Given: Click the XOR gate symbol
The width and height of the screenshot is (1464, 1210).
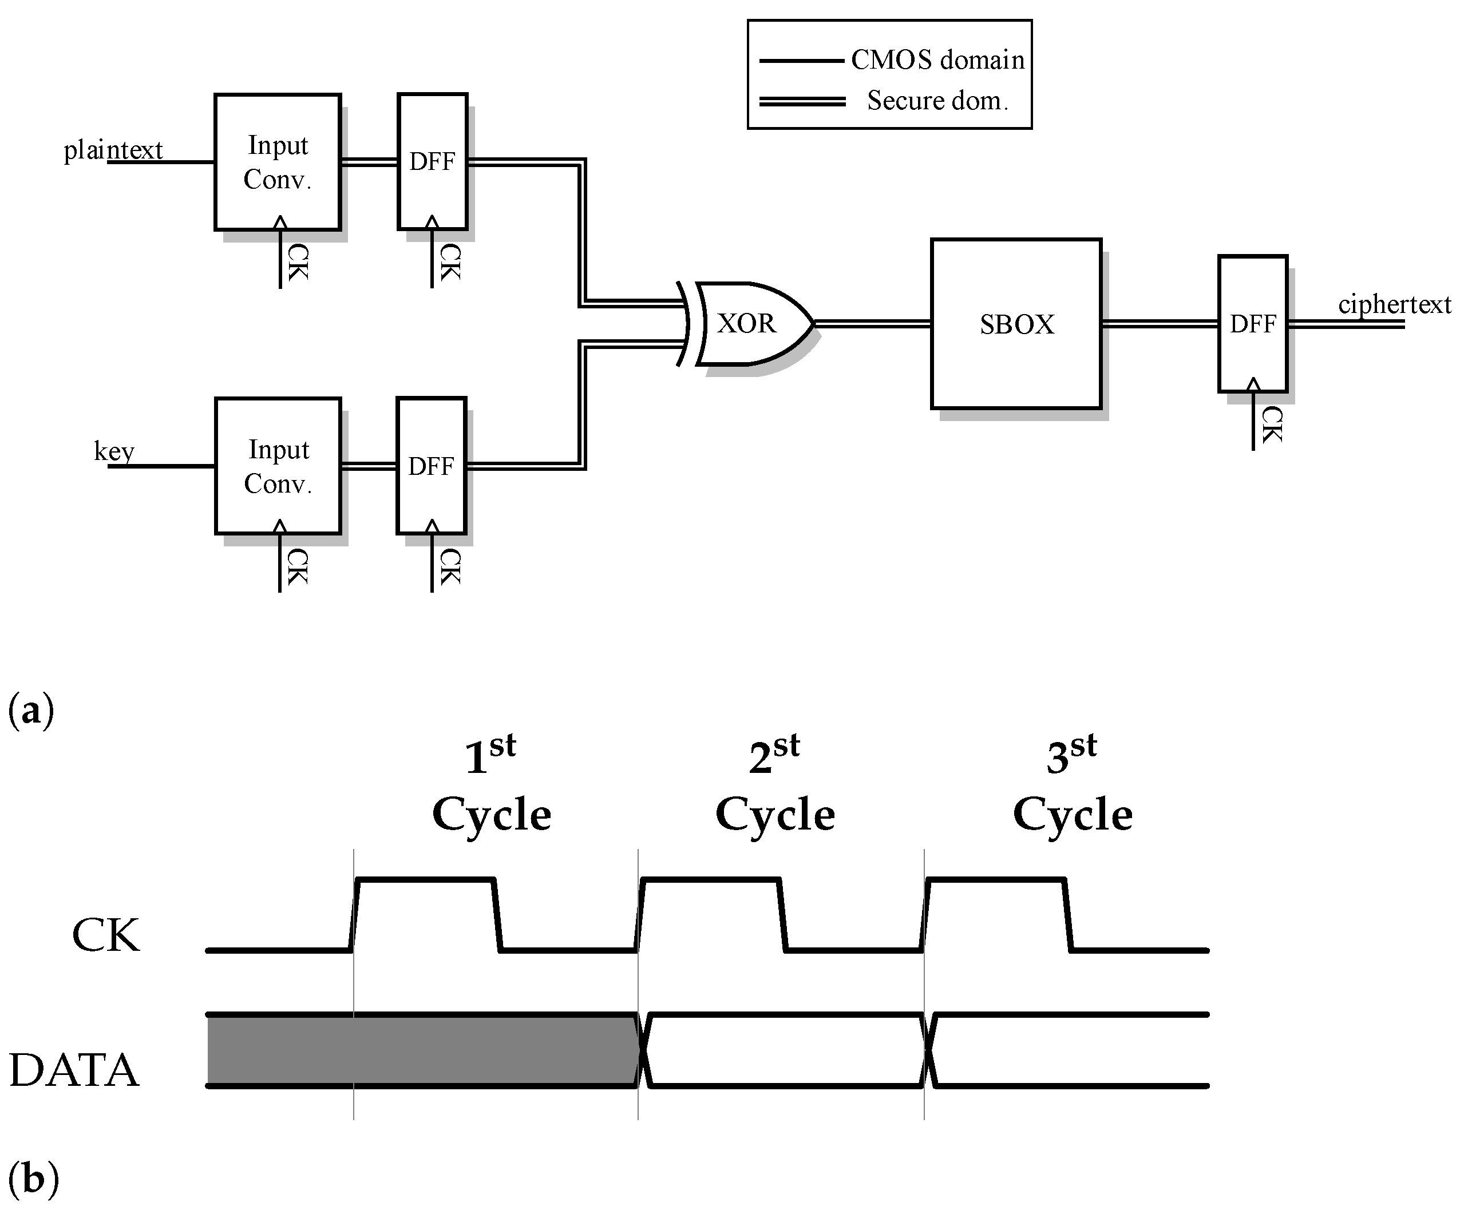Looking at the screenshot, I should (749, 323).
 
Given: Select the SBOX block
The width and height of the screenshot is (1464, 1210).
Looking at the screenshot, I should (1016, 324).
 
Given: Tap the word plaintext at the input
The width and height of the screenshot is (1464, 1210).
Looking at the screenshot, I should (113, 150).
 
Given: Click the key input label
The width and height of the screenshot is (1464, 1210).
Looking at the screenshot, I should (114, 451).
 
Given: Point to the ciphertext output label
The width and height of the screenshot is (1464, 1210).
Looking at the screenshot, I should (1394, 304).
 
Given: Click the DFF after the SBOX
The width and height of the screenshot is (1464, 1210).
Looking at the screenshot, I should (1252, 324).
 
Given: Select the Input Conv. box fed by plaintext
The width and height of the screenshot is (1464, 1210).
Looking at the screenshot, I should (278, 162).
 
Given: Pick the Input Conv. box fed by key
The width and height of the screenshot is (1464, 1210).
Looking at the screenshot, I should (278, 466).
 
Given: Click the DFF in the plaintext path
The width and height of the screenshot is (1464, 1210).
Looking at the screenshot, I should (432, 162).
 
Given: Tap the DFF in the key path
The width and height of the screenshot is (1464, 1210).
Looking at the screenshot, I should (431, 466).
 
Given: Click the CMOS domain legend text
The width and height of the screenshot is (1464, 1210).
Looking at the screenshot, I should (937, 61).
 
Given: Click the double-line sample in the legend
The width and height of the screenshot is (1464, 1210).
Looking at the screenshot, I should (802, 102).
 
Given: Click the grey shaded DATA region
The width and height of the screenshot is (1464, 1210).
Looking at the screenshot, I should (422, 1050).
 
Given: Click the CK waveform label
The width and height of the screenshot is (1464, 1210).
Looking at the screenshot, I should (106, 935).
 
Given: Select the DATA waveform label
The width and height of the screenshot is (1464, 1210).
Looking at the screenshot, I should (74, 1070).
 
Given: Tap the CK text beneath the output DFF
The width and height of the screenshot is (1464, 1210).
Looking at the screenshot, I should (1272, 425).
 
